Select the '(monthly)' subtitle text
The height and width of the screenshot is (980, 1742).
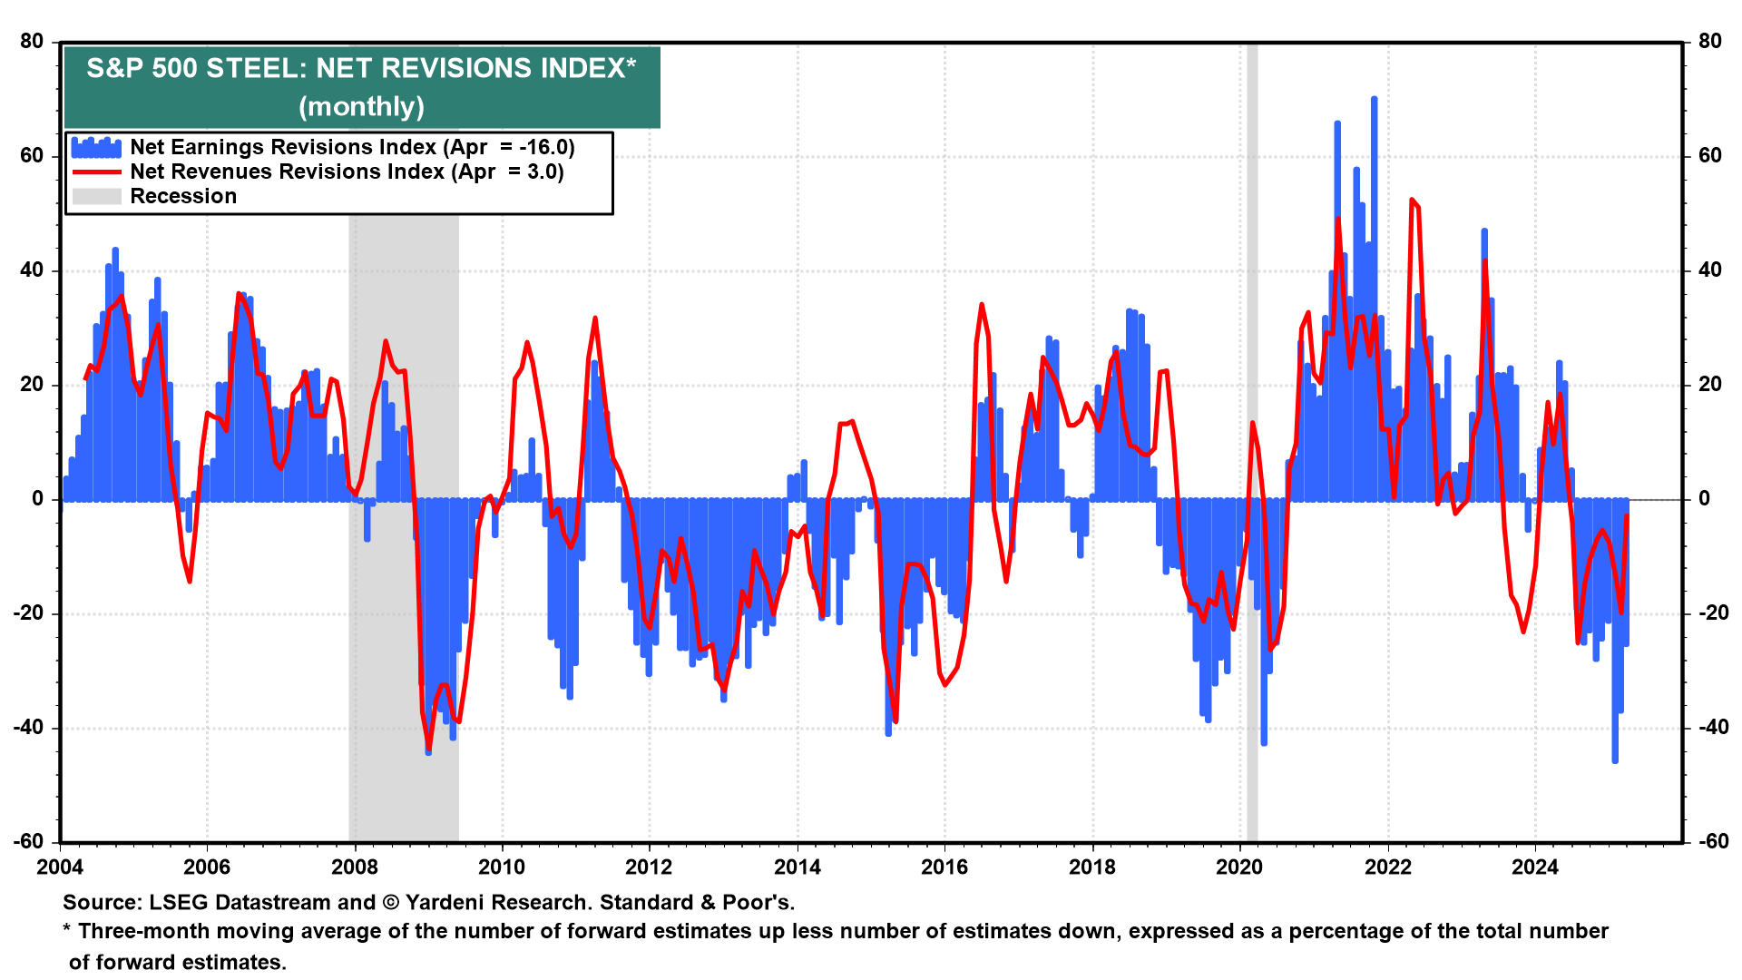click(x=361, y=107)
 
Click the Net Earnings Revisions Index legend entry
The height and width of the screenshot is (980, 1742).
click(x=352, y=147)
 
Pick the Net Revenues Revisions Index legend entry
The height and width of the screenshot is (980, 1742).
click(x=347, y=171)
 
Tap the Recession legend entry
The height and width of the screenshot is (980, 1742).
click(x=183, y=196)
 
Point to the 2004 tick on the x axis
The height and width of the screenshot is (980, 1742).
click(x=60, y=867)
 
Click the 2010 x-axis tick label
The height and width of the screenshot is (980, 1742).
click(x=502, y=867)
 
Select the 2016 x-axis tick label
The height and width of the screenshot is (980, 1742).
click(x=944, y=867)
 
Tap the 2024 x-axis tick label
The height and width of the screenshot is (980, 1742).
click(x=1534, y=867)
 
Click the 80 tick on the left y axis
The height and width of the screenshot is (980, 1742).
click(x=32, y=42)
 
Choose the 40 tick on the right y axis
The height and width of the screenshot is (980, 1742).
click(x=1709, y=270)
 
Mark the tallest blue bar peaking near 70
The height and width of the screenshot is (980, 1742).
click(x=1374, y=100)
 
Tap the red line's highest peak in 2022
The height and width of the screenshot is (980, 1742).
click(x=1412, y=200)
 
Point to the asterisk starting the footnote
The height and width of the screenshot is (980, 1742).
click(x=67, y=930)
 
